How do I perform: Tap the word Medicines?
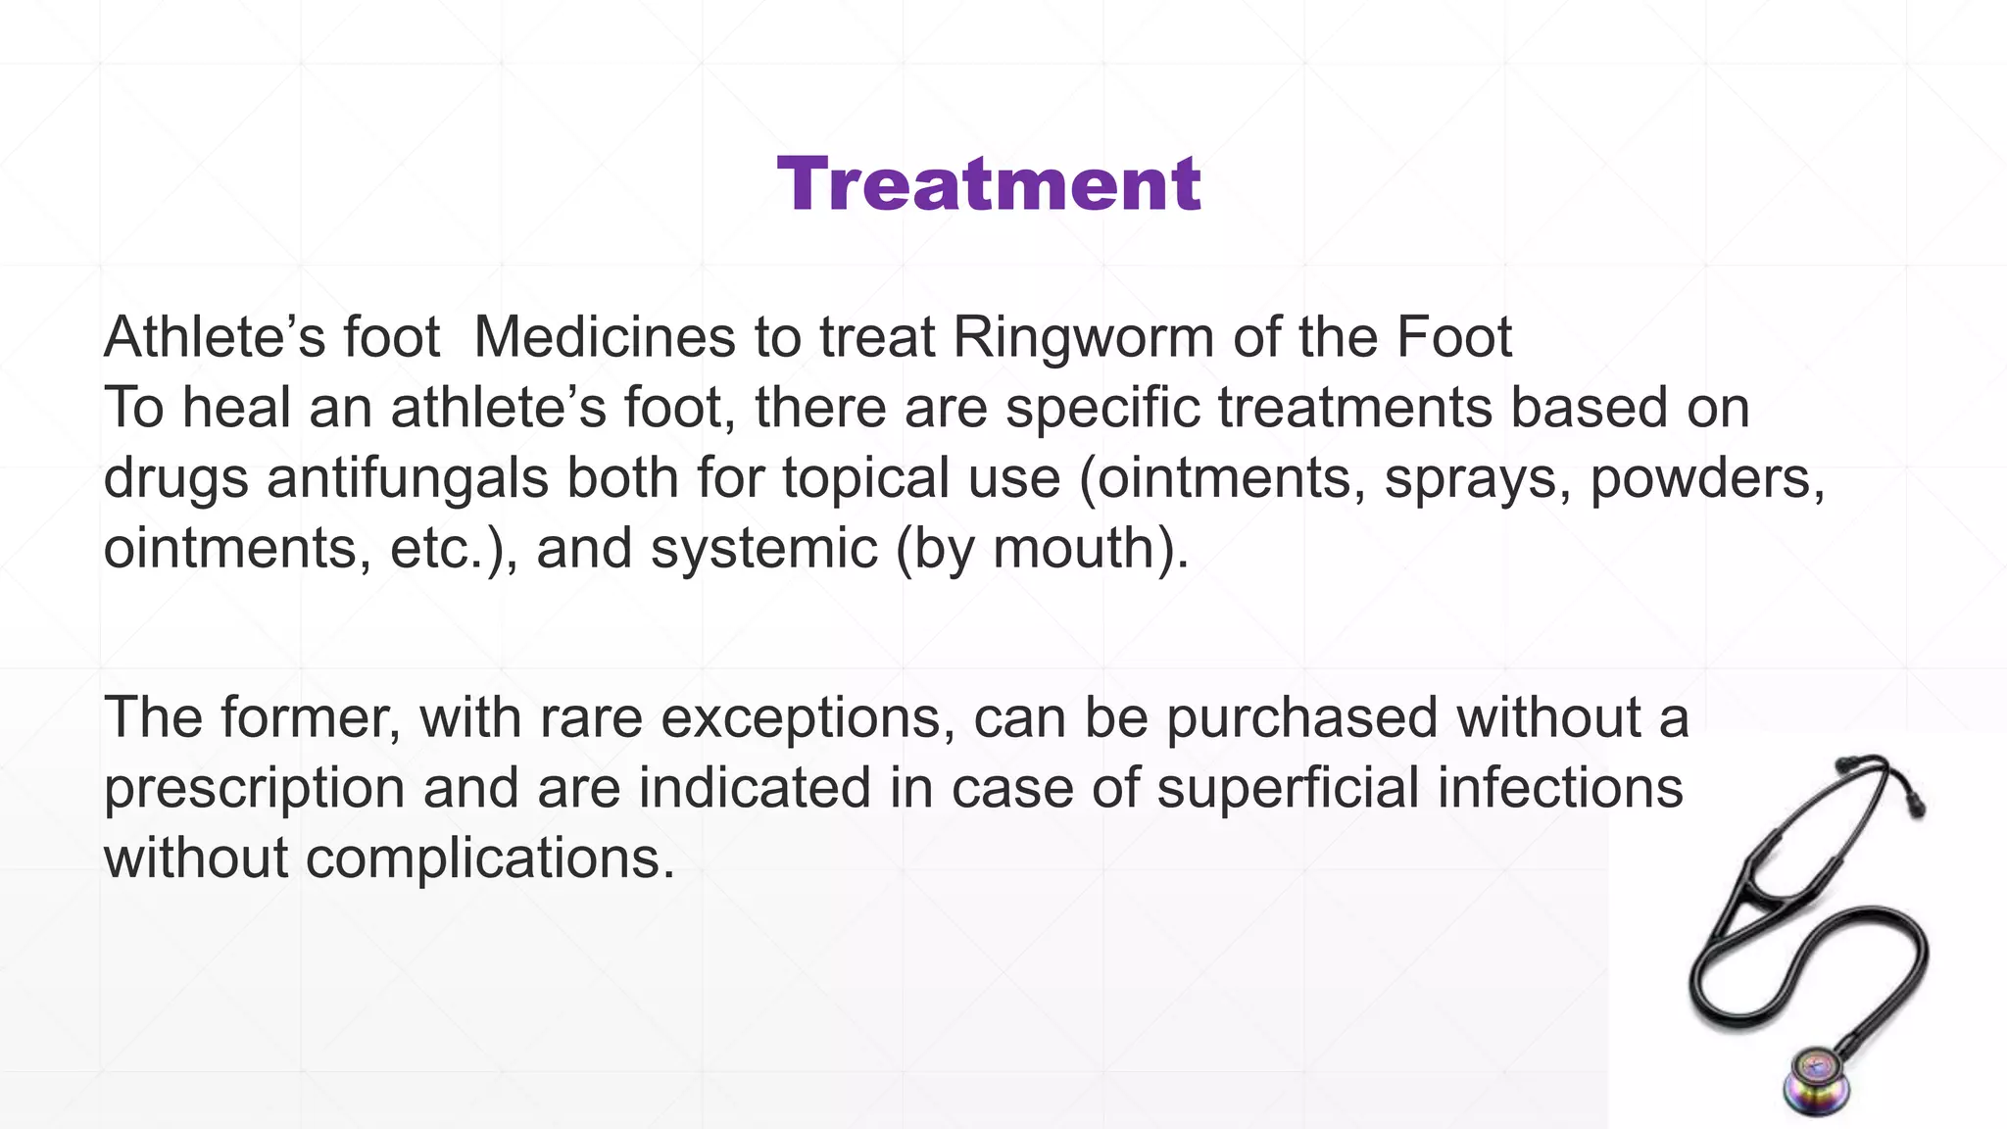point(604,338)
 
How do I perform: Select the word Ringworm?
point(1083,338)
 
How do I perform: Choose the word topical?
point(865,478)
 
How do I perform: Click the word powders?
point(1706,478)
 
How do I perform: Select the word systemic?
point(764,548)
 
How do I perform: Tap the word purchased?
point(1300,717)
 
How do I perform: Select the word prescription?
point(254,789)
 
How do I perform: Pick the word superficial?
point(1288,787)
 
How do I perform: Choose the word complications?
point(490,859)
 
